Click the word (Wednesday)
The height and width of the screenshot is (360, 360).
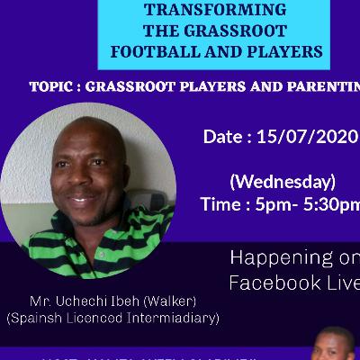pyautogui.click(x=283, y=181)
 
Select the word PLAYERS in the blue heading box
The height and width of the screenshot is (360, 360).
pyautogui.click(x=279, y=51)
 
